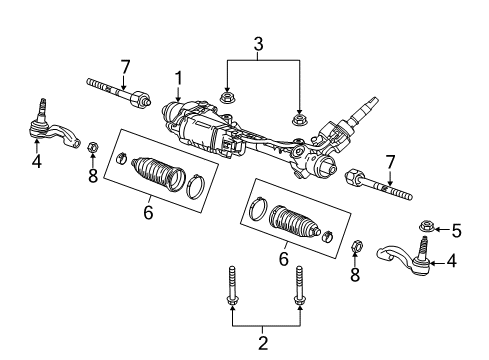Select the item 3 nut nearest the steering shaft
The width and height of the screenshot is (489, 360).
point(298,120)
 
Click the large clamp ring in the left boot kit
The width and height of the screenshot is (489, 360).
point(196,183)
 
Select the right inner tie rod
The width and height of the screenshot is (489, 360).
point(375,184)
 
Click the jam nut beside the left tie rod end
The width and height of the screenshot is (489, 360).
point(93,149)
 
